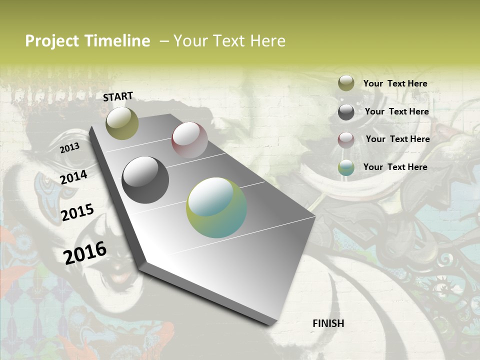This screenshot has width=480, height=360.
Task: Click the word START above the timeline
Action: pyautogui.click(x=118, y=96)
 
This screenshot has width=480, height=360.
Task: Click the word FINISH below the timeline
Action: pyautogui.click(x=328, y=323)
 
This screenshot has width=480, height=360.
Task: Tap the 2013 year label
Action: pyautogui.click(x=69, y=148)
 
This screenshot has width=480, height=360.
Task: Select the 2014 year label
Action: pyautogui.click(x=73, y=177)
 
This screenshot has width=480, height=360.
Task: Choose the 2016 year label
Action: pyautogui.click(x=85, y=252)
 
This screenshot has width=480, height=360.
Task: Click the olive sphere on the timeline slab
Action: pyautogui.click(x=122, y=123)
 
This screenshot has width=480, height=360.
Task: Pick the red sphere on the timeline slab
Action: pyautogui.click(x=189, y=140)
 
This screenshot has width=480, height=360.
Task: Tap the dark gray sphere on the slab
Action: pyautogui.click(x=145, y=180)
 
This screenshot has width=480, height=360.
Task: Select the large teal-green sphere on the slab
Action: pyautogui.click(x=216, y=207)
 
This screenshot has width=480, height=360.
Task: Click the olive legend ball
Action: pyautogui.click(x=346, y=83)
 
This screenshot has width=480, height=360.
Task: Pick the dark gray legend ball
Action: pyautogui.click(x=346, y=112)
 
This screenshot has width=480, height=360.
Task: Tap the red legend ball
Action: pyautogui.click(x=346, y=140)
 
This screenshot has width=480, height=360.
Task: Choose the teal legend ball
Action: pyautogui.click(x=346, y=167)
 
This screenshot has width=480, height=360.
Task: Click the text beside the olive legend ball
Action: pyautogui.click(x=395, y=84)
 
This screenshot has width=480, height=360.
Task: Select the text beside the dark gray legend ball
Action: pyautogui.click(x=396, y=112)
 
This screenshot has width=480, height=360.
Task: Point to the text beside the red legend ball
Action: pyautogui.click(x=397, y=139)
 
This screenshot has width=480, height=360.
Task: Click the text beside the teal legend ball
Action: pyautogui.click(x=395, y=167)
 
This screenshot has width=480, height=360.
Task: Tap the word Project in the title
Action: pyautogui.click(x=52, y=41)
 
